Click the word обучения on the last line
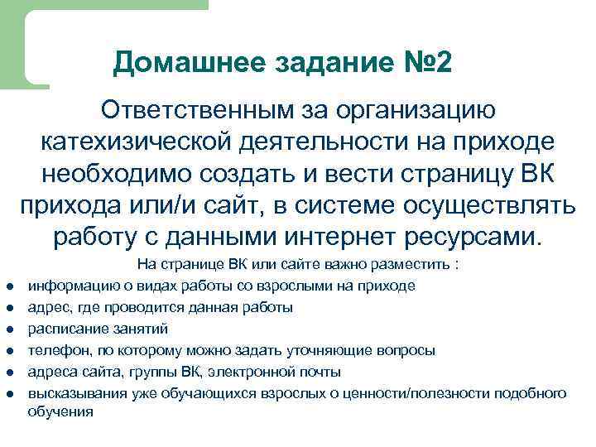[60, 411]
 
